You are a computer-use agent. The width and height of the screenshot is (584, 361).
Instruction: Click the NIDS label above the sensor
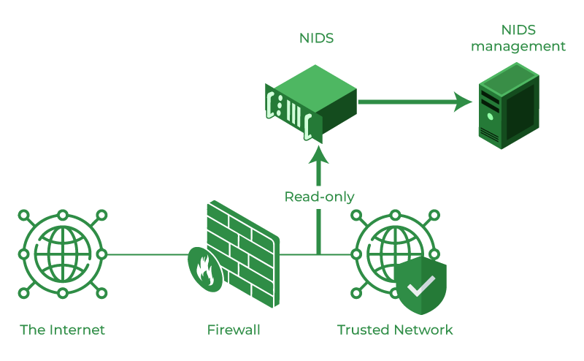(316, 38)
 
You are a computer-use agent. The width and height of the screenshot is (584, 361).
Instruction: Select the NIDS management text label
(518, 38)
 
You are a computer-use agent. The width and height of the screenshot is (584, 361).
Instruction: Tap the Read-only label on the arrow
(319, 197)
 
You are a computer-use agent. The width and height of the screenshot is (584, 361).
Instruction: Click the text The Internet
(63, 330)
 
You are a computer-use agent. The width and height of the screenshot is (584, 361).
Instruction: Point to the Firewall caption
(234, 330)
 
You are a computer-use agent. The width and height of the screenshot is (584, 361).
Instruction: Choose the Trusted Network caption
(395, 330)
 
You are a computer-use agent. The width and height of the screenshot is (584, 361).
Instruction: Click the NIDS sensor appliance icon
(310, 102)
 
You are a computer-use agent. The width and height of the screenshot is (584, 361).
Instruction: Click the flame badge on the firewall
(205, 269)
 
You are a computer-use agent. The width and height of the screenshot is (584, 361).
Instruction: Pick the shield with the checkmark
(420, 285)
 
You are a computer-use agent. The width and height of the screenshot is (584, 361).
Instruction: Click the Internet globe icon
(63, 254)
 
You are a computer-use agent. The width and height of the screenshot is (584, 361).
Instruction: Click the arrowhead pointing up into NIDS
(319, 154)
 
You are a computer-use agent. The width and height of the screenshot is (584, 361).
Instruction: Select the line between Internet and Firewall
(146, 254)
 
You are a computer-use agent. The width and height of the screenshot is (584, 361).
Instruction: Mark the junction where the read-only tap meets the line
(319, 254)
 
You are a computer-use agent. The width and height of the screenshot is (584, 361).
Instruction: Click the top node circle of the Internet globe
(63, 216)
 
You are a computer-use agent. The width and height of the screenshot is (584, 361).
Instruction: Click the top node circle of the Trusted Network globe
(395, 216)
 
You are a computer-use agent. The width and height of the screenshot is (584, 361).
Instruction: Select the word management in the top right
(518, 47)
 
